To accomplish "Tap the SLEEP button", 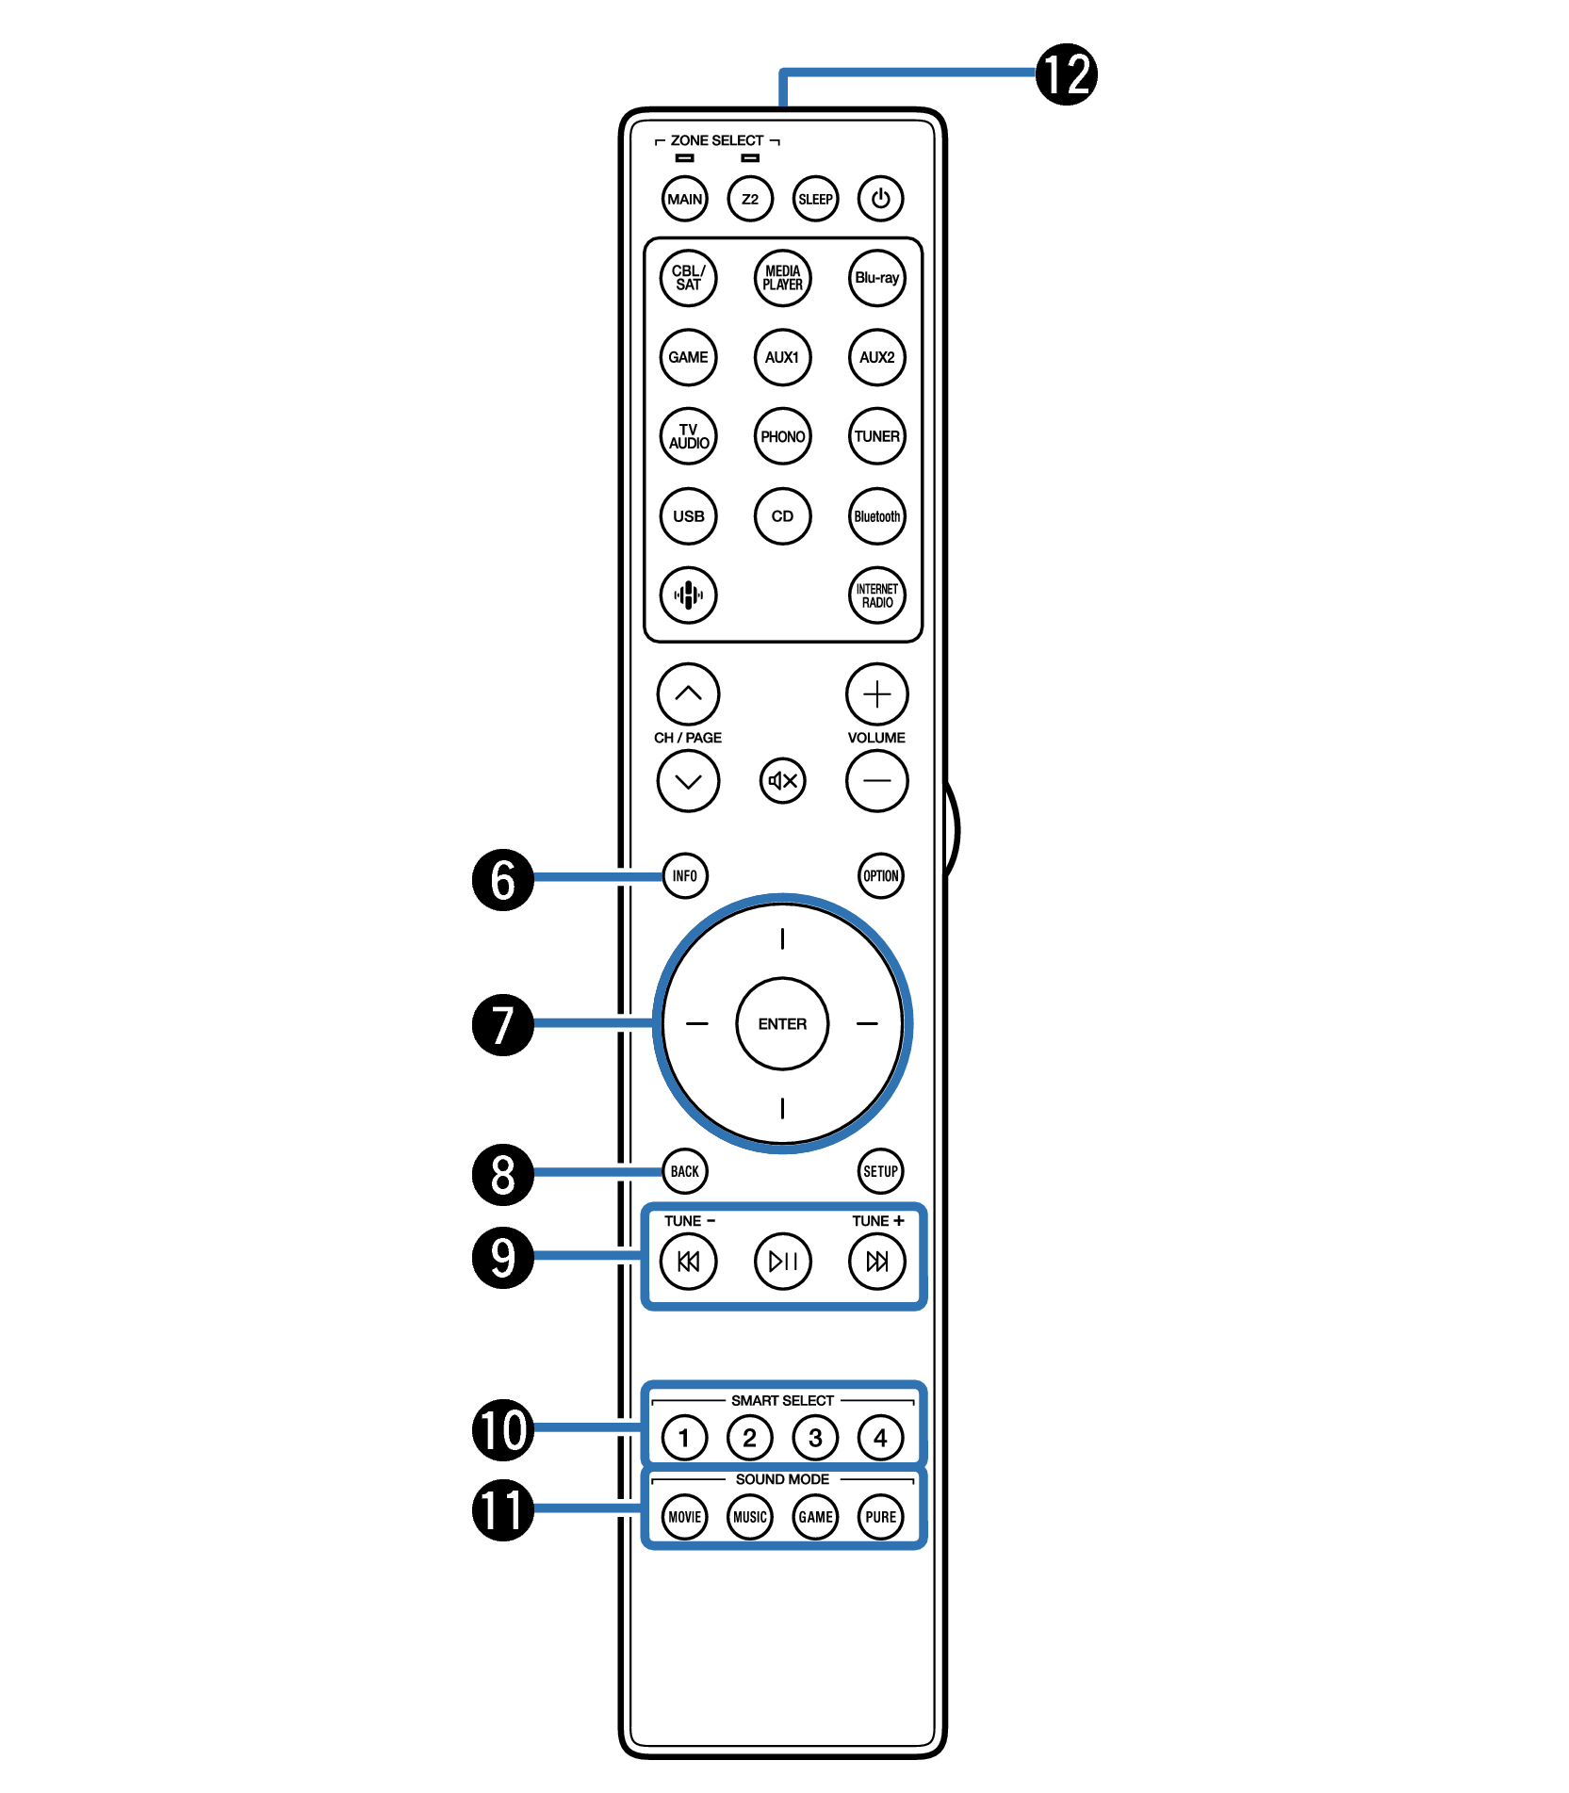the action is point(815,199).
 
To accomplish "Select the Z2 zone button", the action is point(750,199).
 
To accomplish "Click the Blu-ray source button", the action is point(876,278).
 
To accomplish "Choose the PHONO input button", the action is point(782,436).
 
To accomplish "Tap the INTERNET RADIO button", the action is point(876,595).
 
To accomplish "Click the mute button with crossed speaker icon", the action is point(782,780).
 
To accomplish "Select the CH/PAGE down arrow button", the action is point(688,780).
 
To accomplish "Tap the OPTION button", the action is point(880,875).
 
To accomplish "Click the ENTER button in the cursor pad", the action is point(782,1023).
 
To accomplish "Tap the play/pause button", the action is point(782,1261).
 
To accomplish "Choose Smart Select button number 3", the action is point(815,1438).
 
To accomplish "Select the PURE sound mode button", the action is point(880,1517).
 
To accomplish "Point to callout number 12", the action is point(1067,74).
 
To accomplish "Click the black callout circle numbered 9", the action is point(503,1257).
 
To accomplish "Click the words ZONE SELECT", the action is point(717,140).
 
